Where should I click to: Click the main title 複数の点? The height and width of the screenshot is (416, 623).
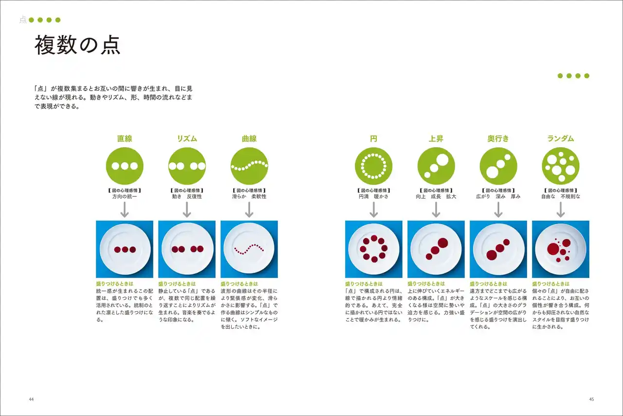coord(77,45)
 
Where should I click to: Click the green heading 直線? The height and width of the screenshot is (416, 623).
coord(125,139)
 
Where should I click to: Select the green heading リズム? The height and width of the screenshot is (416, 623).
coord(187,139)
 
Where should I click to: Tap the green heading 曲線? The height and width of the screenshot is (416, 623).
coord(249,139)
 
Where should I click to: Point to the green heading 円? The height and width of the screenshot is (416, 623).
coord(373,139)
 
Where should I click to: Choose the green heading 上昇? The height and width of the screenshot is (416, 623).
coord(436,139)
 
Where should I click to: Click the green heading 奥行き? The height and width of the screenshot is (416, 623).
coord(498,139)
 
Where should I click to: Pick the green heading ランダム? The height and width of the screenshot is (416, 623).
coord(560,139)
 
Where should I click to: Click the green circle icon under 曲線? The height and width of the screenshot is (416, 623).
coord(249,166)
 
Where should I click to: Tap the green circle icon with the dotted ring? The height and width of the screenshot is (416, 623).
coord(373,166)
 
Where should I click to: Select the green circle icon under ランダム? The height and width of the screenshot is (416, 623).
coord(561,166)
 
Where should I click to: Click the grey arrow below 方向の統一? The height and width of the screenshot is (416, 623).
coord(125,209)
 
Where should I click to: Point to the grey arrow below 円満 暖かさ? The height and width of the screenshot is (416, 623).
coord(373,209)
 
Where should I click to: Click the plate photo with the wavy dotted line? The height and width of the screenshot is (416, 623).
coord(249,249)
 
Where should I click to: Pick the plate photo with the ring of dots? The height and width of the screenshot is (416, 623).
coord(373,249)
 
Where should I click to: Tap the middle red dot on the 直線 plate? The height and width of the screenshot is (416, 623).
coord(125,249)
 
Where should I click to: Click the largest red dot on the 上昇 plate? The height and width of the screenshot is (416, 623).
coord(443,243)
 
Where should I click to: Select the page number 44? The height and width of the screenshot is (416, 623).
coord(31,399)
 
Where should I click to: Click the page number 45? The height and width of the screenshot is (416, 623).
coord(591,399)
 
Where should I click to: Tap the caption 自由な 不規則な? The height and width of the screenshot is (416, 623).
coord(561,197)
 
